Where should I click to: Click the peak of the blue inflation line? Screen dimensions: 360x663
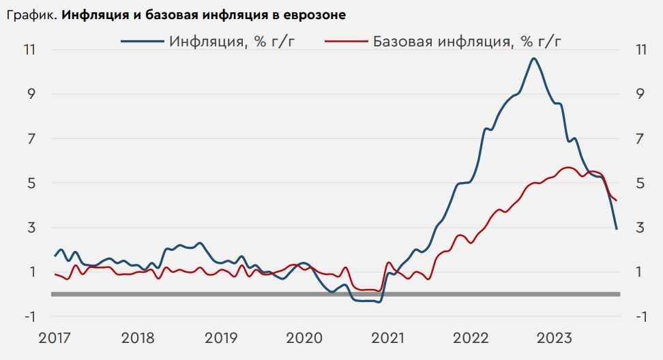(x=533, y=59)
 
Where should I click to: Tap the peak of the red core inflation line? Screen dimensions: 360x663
(x=568, y=167)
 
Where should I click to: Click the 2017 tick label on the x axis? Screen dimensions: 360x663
(x=55, y=339)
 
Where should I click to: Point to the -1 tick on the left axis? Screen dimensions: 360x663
(x=30, y=317)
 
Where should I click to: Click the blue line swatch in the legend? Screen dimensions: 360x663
(x=142, y=41)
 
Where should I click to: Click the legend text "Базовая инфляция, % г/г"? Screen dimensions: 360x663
(x=467, y=41)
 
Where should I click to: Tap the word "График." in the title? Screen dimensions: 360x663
(x=32, y=14)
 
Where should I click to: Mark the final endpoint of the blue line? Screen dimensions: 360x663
(x=617, y=228)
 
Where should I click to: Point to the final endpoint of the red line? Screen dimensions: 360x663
(x=617, y=200)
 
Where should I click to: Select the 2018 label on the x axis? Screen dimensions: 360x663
(x=138, y=339)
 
